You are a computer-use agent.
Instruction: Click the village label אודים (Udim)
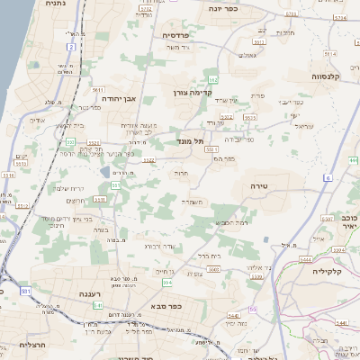click(37, 120)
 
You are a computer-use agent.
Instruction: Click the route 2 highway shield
click(70, 46)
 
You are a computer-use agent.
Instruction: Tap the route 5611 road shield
click(96, 90)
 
